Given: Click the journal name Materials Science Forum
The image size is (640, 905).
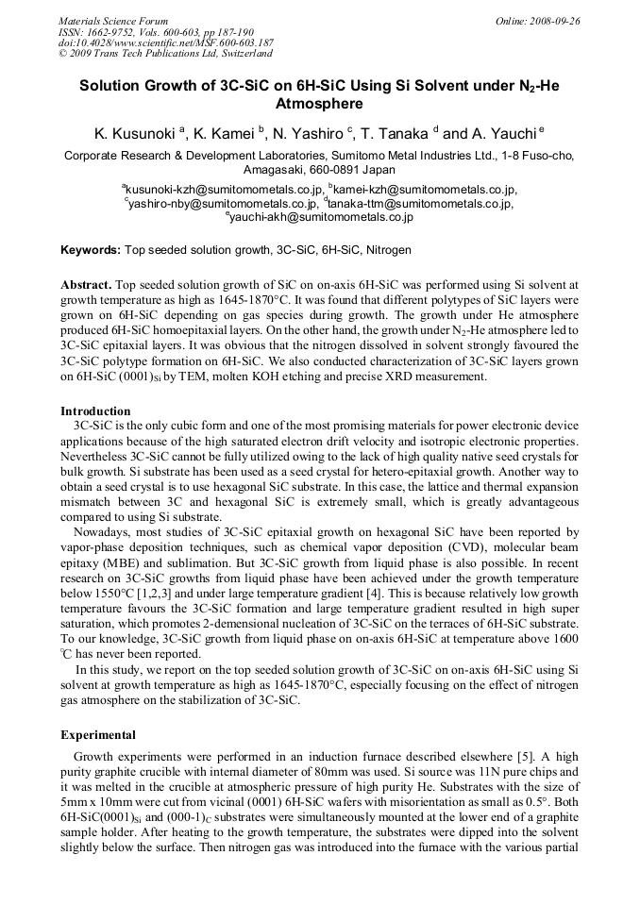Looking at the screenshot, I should click(113, 21).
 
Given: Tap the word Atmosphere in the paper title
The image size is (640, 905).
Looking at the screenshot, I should click(319, 104).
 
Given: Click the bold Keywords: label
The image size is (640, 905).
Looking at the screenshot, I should click(91, 250).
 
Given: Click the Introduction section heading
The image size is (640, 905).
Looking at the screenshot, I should click(95, 411).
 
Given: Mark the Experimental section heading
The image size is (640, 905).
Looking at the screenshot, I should click(98, 734).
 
